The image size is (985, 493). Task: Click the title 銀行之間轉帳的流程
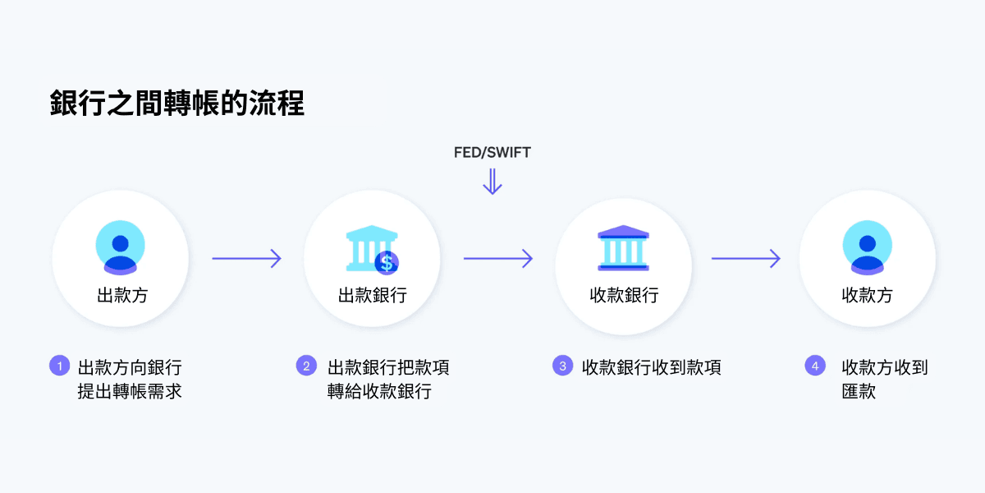176,104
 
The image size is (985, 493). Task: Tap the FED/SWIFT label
492,152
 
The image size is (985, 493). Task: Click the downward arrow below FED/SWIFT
492,182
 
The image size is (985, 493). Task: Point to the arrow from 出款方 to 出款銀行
246,259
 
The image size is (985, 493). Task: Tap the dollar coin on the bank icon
386,263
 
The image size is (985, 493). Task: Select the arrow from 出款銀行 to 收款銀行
498,259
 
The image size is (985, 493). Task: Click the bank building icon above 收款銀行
623,246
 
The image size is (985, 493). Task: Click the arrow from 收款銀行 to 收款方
745,259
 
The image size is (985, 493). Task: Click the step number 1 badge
59,366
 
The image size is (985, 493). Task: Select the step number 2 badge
306,366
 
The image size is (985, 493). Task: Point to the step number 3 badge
562,366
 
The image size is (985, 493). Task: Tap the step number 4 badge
815,366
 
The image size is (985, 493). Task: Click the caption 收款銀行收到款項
651,367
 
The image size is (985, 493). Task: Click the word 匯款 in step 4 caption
859,392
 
